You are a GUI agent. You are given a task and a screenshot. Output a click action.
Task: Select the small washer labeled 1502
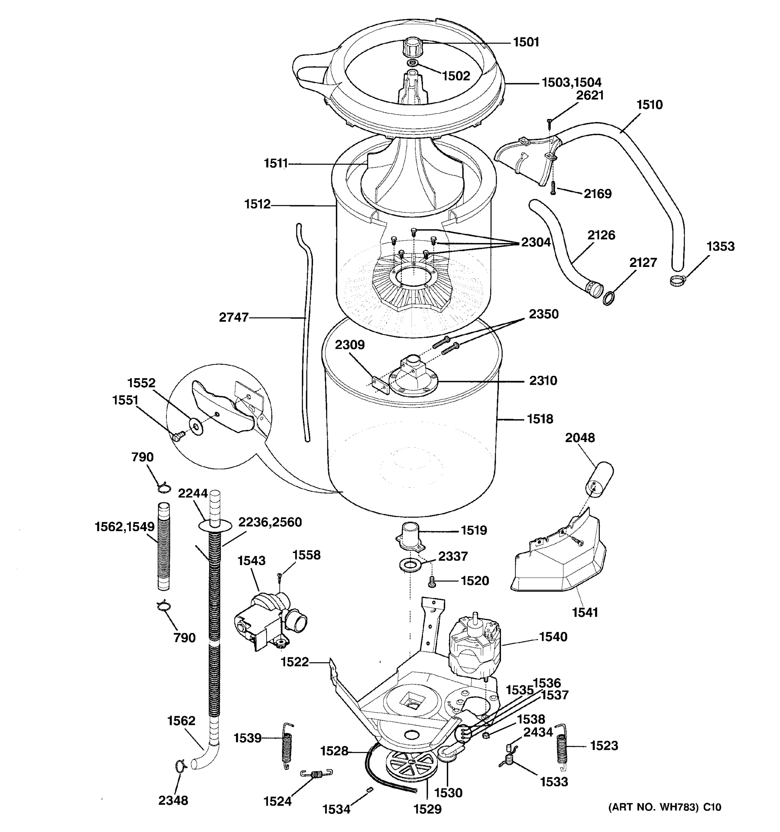click(x=412, y=63)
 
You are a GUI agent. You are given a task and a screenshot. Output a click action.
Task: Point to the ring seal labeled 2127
click(x=609, y=298)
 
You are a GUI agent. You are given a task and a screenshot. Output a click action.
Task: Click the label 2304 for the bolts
click(x=536, y=242)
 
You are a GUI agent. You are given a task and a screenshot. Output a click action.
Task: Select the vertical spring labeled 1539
click(x=287, y=746)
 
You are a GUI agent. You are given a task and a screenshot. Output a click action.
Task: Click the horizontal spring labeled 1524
click(x=317, y=774)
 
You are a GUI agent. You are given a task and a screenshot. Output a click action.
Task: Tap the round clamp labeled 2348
click(x=180, y=765)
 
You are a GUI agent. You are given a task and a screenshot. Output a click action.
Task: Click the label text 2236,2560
click(x=270, y=522)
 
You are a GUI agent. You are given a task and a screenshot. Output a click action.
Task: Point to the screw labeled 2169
click(x=553, y=187)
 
